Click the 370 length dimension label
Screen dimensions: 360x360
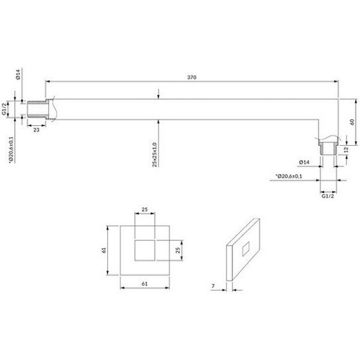coord(192,78)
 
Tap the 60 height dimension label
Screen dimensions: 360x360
coord(352,122)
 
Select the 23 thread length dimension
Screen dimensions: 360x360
coord(36,130)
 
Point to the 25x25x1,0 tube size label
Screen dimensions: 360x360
coord(155,155)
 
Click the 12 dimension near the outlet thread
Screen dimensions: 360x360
coord(346,150)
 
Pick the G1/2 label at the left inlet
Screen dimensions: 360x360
coord(4,109)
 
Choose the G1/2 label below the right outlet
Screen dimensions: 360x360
coord(328,196)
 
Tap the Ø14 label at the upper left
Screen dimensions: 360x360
coord(18,74)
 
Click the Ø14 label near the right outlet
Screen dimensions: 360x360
coord(304,163)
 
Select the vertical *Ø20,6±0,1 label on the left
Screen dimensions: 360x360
coord(11,150)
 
